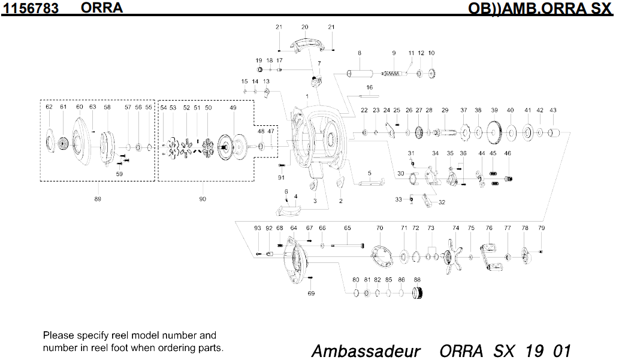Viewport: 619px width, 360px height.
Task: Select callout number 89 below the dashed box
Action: pos(98,199)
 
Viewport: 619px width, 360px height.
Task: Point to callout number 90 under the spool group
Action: pos(203,199)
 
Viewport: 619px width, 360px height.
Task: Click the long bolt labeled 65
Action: pos(348,245)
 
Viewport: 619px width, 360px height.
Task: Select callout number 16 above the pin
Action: pos(370,88)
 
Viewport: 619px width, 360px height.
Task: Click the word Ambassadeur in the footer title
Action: pos(366,350)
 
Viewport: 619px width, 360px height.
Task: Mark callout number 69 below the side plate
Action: pos(311,294)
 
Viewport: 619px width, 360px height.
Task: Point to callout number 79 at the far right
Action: pos(541,228)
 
